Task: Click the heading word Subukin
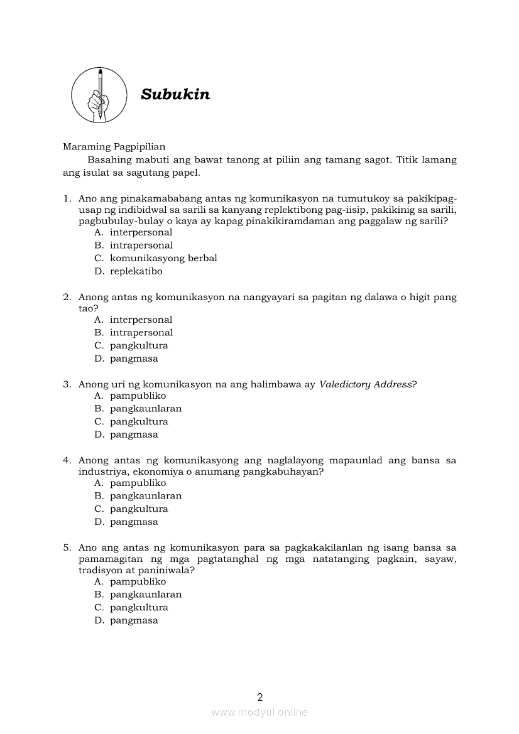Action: click(175, 94)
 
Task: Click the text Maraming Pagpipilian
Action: click(114, 147)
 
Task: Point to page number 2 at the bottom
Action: click(259, 696)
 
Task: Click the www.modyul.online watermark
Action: click(259, 712)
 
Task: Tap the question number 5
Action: click(67, 548)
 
